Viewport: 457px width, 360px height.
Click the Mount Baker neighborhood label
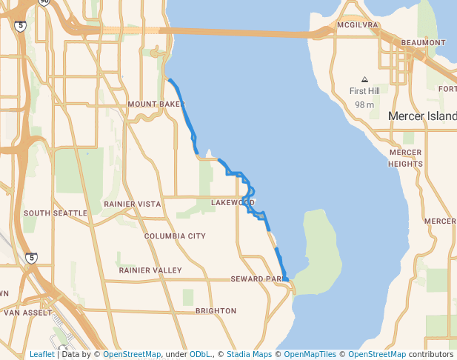[156, 104]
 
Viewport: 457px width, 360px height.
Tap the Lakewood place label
[233, 202]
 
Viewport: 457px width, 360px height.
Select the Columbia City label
[175, 236]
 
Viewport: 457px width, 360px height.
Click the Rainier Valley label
[150, 270]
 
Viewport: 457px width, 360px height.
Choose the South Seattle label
[55, 213]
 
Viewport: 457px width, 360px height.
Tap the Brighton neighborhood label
[216, 311]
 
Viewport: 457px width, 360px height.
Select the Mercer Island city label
[422, 116]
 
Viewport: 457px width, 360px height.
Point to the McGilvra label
[357, 25]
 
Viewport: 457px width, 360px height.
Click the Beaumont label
[423, 43]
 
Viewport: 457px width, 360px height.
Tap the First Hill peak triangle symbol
[364, 79]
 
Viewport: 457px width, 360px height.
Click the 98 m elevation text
[364, 104]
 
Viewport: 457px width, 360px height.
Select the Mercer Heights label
[405, 158]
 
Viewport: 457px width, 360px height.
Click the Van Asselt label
[20, 313]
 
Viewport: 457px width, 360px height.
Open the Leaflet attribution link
[41, 354]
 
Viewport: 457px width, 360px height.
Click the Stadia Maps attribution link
[249, 354]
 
